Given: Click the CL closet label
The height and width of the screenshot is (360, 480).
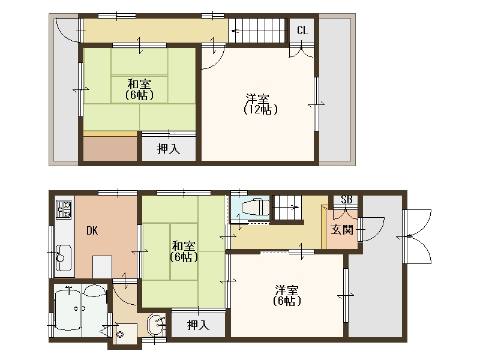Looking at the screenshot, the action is click(x=302, y=31).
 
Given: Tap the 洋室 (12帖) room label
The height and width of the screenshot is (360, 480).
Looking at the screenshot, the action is click(x=260, y=104).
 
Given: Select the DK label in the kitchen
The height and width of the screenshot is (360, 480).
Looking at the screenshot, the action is click(x=92, y=230).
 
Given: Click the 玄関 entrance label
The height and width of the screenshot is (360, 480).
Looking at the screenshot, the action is click(x=342, y=230).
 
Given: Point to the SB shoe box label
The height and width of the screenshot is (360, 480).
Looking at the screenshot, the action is click(x=347, y=200).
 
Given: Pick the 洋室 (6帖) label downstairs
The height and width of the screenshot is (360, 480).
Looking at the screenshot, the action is click(x=287, y=295).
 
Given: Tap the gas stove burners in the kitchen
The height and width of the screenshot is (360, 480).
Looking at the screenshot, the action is click(x=64, y=209).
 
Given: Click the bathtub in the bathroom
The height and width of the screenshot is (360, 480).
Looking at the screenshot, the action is click(x=68, y=310).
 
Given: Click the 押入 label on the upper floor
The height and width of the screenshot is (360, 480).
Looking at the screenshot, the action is click(x=169, y=149).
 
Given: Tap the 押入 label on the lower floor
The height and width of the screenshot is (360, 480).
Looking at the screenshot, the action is click(x=198, y=325).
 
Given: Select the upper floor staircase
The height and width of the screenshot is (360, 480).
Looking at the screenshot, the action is click(x=257, y=31).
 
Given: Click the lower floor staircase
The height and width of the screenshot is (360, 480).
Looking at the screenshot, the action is click(x=287, y=208).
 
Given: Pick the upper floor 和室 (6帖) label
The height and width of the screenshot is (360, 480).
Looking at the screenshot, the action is click(x=139, y=89).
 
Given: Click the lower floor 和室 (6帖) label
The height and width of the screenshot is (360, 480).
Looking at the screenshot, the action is click(x=184, y=251).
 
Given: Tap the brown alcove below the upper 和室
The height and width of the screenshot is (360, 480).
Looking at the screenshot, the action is click(x=110, y=148).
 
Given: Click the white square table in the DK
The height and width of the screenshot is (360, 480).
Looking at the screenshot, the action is click(x=102, y=267).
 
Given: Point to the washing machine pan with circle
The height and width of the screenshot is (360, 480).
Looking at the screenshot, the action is click(x=127, y=334).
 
